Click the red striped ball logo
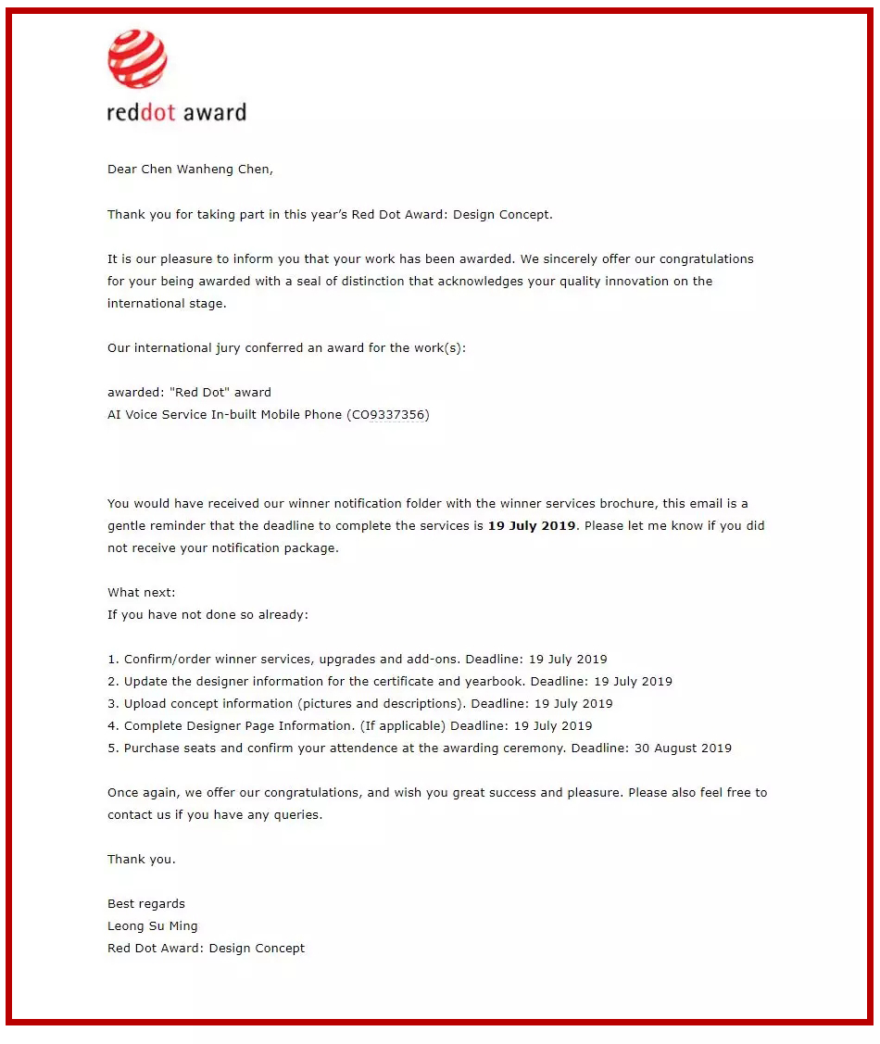137,58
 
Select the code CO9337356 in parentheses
388,415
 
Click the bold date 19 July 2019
532,526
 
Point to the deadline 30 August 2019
683,748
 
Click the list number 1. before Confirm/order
113,660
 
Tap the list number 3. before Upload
113,704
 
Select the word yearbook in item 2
494,682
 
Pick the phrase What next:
141,593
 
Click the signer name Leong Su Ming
152,926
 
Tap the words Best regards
146,904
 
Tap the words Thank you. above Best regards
141,860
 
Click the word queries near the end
296,815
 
